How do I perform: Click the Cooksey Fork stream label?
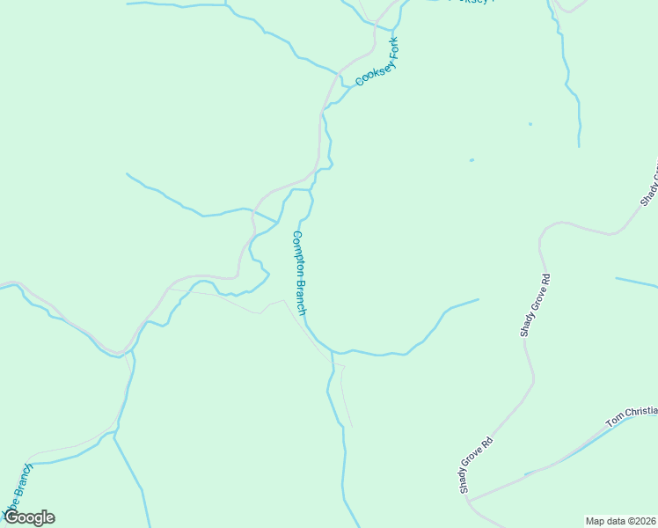[377, 62]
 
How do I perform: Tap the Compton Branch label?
[299, 273]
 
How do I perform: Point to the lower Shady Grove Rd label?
[476, 463]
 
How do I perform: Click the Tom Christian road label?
[632, 416]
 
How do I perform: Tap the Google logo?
[28, 517]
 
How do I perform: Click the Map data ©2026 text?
[620, 520]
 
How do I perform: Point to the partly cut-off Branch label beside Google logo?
[19, 486]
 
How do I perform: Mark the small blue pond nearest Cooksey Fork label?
[472, 160]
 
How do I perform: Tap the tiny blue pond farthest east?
[530, 124]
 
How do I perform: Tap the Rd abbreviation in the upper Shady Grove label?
[545, 280]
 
